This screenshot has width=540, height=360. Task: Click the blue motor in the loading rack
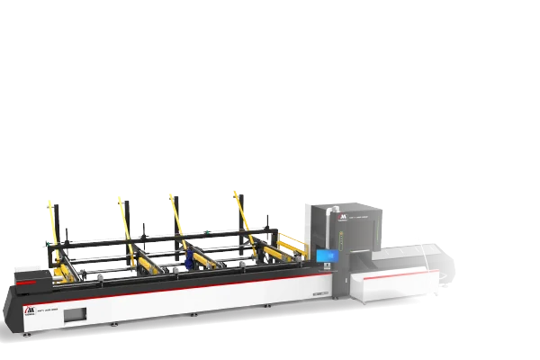189,260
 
